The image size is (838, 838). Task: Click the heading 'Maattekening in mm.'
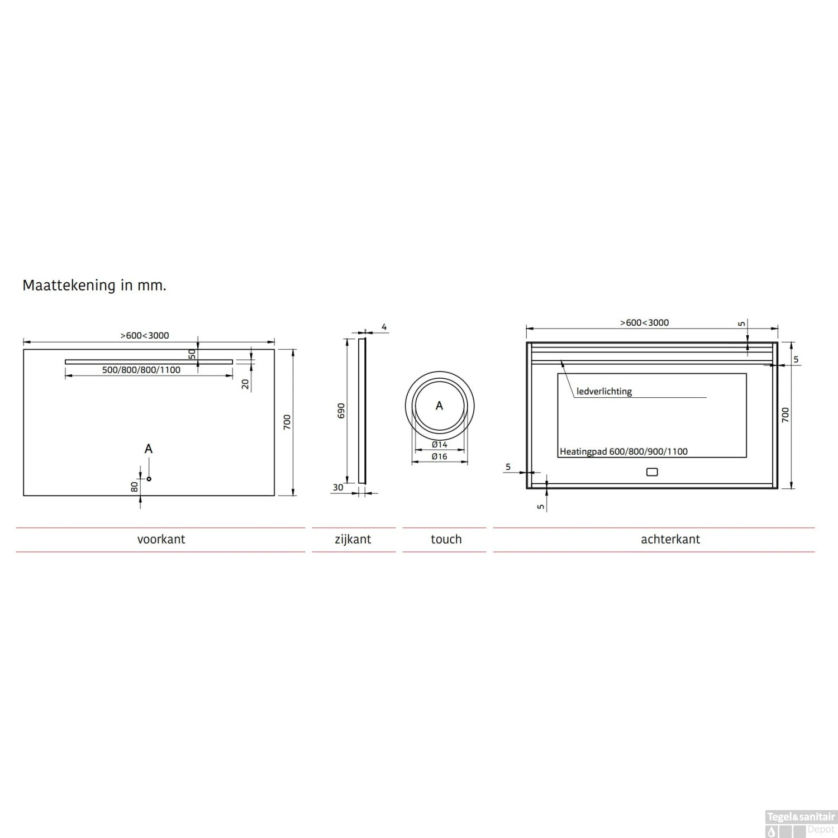[94, 285]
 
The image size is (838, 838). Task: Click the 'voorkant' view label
[161, 539]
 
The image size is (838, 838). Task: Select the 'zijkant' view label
[353, 539]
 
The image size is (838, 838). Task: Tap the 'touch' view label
[446, 539]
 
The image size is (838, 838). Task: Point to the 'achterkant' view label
[670, 539]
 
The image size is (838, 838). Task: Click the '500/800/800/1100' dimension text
[141, 370]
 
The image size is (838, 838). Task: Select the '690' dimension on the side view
[341, 411]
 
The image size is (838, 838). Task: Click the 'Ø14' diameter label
[440, 445]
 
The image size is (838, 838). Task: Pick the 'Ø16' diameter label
[440, 456]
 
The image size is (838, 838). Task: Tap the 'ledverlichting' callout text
[604, 392]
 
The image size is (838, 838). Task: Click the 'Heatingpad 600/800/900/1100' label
[623, 451]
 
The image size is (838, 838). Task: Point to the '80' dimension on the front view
[135, 487]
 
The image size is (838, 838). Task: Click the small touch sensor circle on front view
[149, 479]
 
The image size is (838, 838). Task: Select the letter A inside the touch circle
[439, 406]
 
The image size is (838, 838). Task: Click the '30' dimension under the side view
[338, 488]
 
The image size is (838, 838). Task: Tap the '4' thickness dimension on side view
[384, 327]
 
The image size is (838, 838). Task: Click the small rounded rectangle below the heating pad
[651, 472]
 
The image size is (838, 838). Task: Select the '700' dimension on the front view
[287, 422]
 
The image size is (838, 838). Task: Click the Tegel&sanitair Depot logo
[801, 823]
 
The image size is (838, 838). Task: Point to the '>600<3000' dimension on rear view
[644, 322]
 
